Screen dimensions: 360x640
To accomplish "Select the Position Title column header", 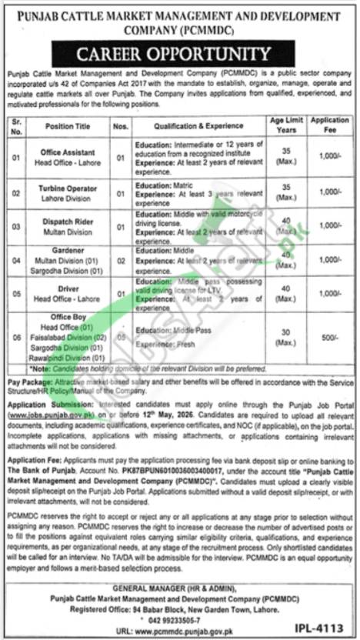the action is coord(70,125).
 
